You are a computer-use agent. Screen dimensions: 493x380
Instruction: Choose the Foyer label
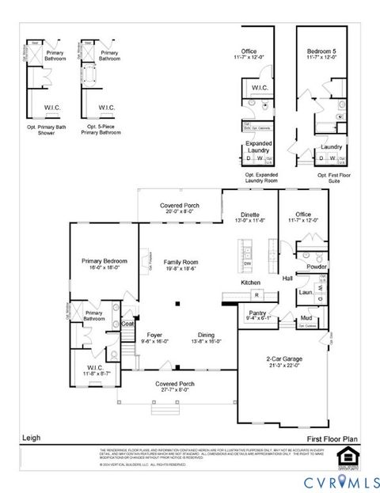tap(154, 337)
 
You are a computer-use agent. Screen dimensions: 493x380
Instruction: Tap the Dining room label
tap(205, 337)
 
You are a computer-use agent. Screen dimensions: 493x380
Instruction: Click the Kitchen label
tap(251, 283)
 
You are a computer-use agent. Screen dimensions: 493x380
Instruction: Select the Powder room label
tap(317, 267)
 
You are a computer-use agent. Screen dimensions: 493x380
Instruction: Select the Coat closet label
tap(127, 323)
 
